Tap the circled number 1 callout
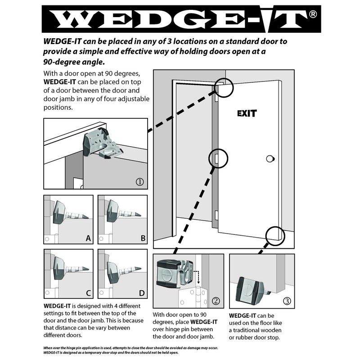click(140, 182)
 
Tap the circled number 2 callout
click(216, 301)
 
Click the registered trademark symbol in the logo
click(313, 15)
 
